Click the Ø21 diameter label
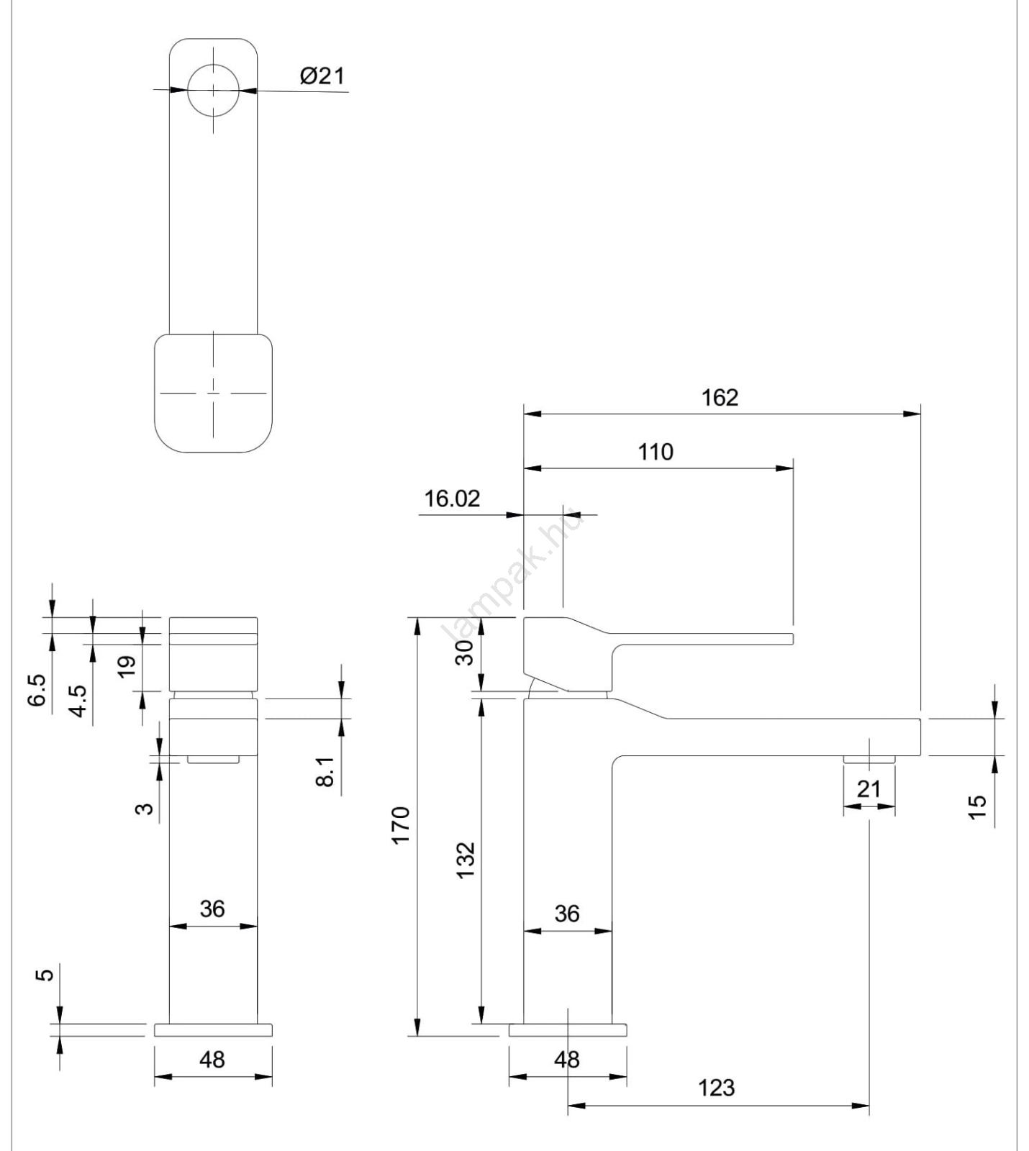click(x=322, y=76)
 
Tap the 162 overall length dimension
click(x=720, y=397)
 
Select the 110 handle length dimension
click(x=656, y=452)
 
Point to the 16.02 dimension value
click(x=452, y=499)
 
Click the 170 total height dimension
click(x=400, y=825)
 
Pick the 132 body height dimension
click(x=466, y=859)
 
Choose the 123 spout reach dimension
click(x=717, y=1087)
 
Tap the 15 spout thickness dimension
click(x=977, y=806)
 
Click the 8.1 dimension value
click(x=325, y=771)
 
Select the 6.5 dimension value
click(x=37, y=691)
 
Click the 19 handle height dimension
click(x=127, y=666)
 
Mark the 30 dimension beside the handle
click(x=466, y=652)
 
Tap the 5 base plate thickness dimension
click(x=45, y=975)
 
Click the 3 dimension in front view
click(x=145, y=808)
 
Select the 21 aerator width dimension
click(x=869, y=789)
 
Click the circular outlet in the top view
click(x=213, y=90)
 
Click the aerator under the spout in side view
click(x=869, y=759)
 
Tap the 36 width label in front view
click(x=212, y=909)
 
